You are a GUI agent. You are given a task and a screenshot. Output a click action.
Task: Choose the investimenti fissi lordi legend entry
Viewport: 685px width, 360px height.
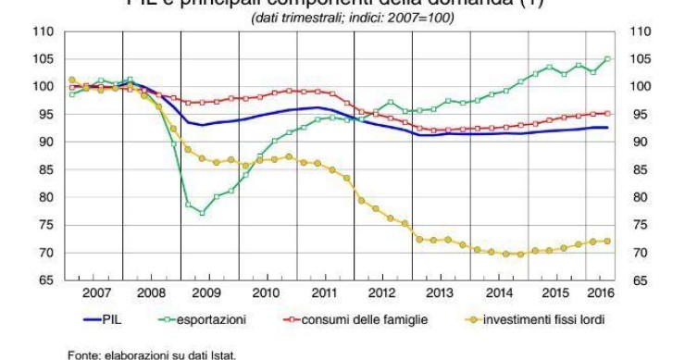pyautogui.click(x=542, y=319)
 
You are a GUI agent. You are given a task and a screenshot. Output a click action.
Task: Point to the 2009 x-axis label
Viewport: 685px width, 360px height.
pyautogui.click(x=209, y=293)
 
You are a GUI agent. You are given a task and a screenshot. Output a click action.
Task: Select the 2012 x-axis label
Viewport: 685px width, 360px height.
pyautogui.click(x=382, y=293)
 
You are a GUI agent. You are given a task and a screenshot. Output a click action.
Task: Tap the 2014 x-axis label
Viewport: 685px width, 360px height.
pyautogui.click(x=498, y=293)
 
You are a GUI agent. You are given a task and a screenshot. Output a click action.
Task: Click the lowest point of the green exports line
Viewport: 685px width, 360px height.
pyautogui.click(x=202, y=213)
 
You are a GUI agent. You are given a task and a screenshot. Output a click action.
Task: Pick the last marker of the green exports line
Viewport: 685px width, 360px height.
pyautogui.click(x=608, y=59)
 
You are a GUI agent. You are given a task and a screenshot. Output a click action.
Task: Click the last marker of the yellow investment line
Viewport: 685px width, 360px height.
pyautogui.click(x=608, y=242)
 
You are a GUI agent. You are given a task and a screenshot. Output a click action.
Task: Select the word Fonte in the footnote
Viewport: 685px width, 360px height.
pyautogui.click(x=82, y=352)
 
